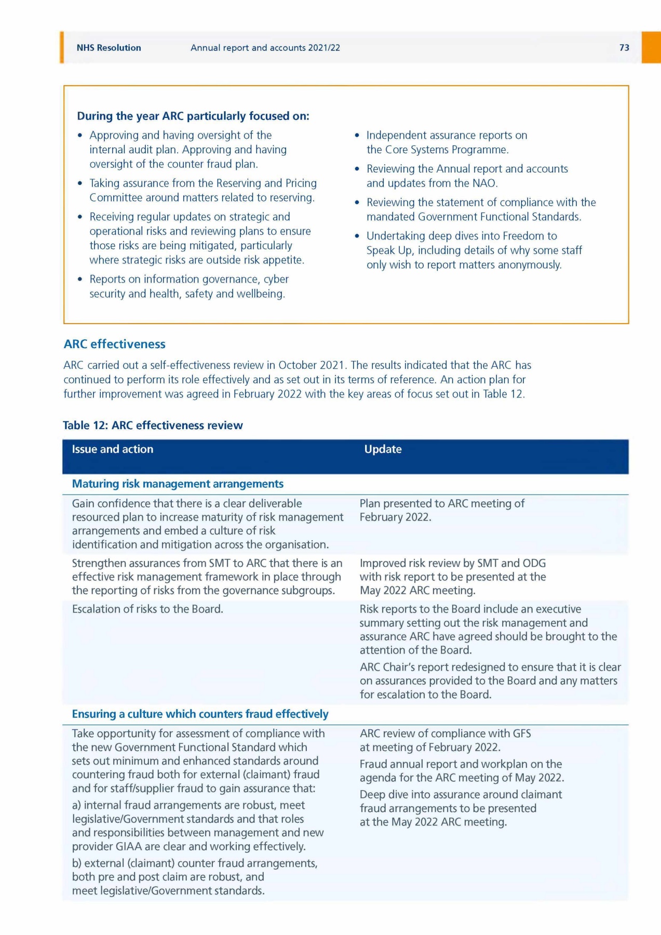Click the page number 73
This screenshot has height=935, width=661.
(624, 48)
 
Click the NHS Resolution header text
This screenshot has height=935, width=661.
(109, 48)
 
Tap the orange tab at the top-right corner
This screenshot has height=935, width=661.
(651, 47)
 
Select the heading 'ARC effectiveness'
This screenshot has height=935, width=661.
(114, 344)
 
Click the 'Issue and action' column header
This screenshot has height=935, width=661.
(113, 449)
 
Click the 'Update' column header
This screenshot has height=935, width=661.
(383, 449)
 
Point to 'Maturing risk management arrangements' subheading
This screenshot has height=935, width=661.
(178, 484)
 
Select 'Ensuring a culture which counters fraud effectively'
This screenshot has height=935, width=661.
(200, 714)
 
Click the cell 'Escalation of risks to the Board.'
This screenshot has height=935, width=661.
(147, 609)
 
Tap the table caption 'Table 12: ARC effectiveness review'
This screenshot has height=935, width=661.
(153, 425)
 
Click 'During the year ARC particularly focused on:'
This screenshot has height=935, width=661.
(193, 116)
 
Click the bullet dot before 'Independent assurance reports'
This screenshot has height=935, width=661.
(357, 136)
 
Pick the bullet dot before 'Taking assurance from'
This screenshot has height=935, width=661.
(79, 183)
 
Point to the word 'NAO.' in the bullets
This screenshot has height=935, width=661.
(485, 183)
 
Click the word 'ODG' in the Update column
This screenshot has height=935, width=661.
(534, 563)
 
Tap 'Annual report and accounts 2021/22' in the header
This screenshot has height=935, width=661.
(265, 48)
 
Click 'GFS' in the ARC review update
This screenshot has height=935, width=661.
(521, 733)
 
